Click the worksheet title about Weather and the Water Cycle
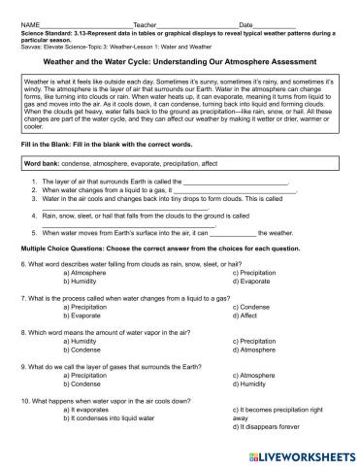179,59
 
